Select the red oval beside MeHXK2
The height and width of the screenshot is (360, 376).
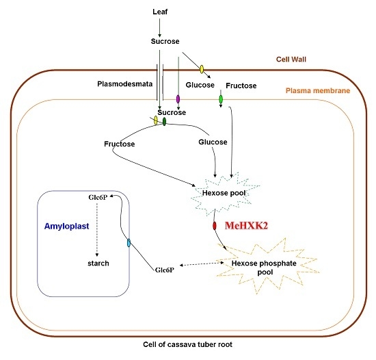(x=215, y=226)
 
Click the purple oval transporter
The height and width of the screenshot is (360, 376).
(x=178, y=99)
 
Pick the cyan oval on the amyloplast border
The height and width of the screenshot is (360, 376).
(x=128, y=244)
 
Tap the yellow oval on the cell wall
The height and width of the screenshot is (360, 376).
(x=202, y=69)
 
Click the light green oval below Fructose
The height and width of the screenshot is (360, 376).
(x=220, y=101)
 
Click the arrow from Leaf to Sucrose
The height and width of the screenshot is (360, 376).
(x=160, y=27)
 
